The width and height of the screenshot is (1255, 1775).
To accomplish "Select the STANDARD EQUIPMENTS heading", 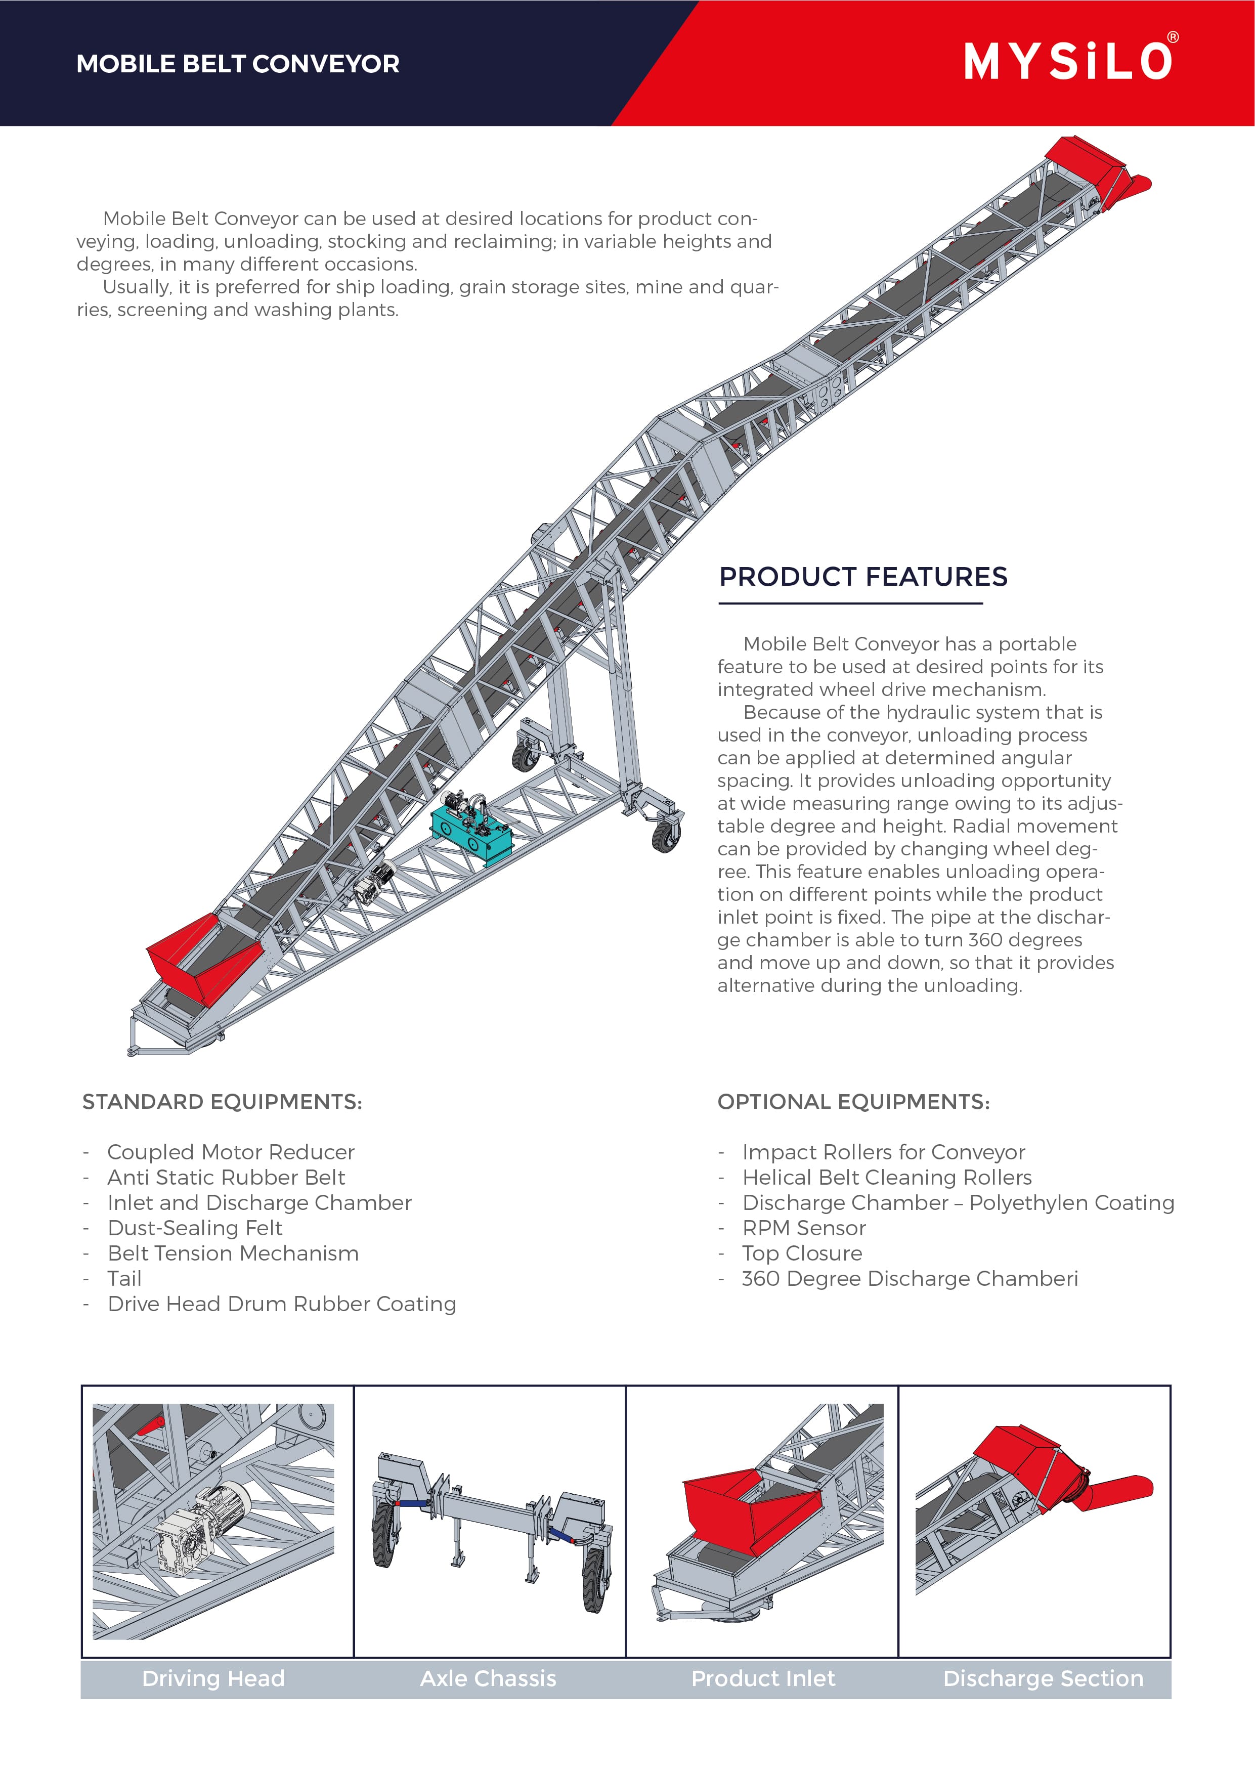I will click(x=222, y=1102).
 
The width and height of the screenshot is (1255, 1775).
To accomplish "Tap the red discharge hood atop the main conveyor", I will click(x=1087, y=161).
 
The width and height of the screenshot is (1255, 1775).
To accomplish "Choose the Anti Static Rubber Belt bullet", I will click(x=226, y=1178).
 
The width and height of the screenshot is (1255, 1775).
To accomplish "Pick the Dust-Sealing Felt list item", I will click(x=195, y=1228).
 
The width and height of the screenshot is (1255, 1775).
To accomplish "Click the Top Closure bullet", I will click(x=802, y=1253).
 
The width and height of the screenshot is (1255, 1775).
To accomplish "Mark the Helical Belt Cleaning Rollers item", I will click(x=886, y=1178).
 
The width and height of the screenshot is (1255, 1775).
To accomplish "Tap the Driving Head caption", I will click(x=213, y=1678).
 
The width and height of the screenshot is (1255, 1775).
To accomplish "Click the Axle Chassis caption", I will click(x=488, y=1678).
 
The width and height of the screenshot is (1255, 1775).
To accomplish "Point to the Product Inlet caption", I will click(x=763, y=1678).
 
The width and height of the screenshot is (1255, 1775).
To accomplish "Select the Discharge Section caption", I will click(x=1043, y=1678).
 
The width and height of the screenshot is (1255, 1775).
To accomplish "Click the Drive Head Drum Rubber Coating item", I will click(x=281, y=1304).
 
